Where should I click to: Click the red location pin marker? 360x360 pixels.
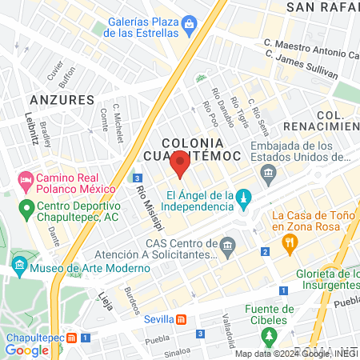tap(180, 166)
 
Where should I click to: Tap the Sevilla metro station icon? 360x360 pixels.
tap(182, 319)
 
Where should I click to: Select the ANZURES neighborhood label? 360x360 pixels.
tap(61, 99)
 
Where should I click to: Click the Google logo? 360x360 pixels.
tap(27, 350)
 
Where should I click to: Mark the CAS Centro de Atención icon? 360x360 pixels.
tap(229, 243)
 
